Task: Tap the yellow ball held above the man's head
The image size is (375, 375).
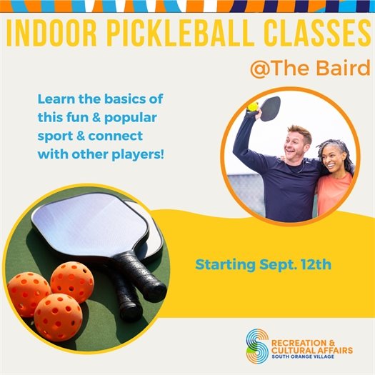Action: pos(253,107)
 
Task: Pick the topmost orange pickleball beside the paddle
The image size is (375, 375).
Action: pos(72,281)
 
